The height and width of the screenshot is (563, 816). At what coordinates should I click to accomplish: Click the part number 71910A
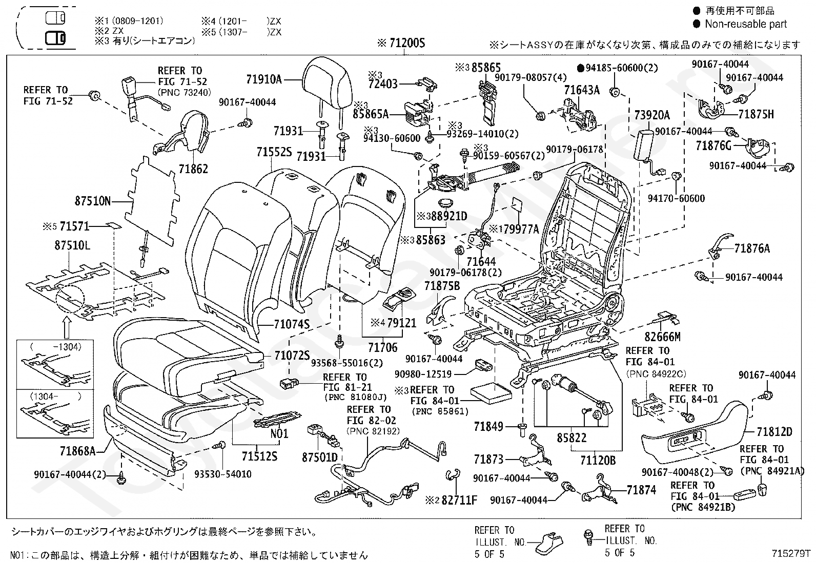point(264,79)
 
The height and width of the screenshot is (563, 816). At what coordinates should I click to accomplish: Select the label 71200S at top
point(407,44)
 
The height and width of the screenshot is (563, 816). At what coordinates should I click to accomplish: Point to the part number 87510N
point(93,201)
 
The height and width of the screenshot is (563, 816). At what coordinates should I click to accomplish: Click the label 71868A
point(77,451)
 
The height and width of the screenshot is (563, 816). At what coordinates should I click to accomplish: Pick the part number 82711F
point(459,501)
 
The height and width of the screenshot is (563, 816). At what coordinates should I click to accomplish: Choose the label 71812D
point(774,432)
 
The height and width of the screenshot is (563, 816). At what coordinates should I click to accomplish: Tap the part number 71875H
point(756,114)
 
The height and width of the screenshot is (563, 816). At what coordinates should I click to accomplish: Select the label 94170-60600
point(676,198)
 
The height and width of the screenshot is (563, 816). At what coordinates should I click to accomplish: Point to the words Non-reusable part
point(746,24)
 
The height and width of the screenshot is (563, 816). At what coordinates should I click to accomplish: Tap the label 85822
point(572,437)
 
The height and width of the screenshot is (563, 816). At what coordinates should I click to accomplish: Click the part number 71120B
point(598,461)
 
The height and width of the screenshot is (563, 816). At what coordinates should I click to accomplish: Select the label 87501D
point(320,457)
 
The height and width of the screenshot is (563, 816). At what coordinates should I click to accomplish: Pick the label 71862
point(193,169)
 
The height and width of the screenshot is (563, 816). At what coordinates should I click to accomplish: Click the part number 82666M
point(662,337)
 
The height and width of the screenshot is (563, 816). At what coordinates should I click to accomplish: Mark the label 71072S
point(292,356)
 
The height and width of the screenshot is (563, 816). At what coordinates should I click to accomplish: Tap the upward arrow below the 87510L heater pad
point(67,327)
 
